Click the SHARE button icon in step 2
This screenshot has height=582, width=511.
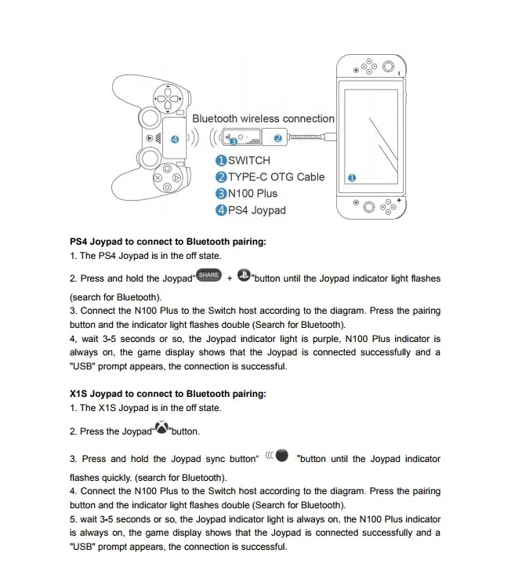point(208,275)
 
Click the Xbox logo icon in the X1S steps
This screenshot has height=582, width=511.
point(161,427)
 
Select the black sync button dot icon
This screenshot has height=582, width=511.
point(282,456)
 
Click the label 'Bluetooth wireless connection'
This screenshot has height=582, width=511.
point(263,118)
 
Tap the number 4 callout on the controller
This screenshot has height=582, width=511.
point(174,139)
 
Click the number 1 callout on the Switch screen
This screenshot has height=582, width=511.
point(351,178)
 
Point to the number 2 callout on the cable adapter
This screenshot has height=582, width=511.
point(277,138)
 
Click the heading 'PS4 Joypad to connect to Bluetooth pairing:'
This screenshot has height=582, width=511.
point(168,242)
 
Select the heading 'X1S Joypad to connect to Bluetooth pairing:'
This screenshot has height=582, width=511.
point(168,394)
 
